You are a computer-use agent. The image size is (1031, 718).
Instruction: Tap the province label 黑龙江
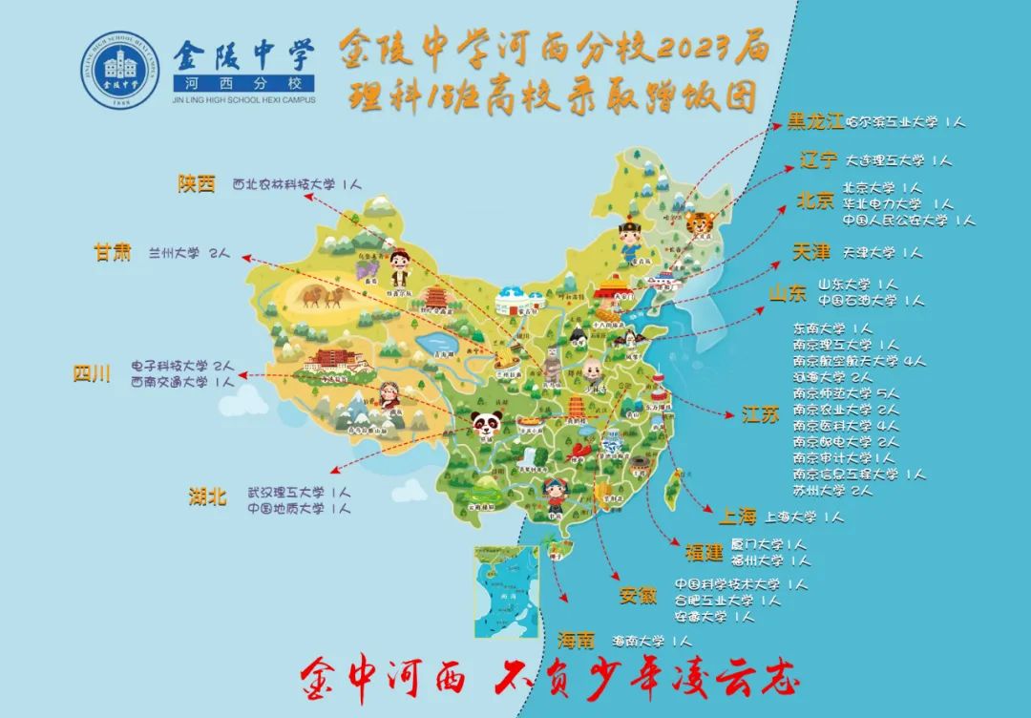[814, 122]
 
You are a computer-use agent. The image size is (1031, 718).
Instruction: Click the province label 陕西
[197, 184]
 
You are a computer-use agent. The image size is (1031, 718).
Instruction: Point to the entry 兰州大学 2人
[189, 254]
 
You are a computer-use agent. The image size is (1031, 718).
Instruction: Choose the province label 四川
[93, 373]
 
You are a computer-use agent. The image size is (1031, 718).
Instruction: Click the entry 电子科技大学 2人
[181, 366]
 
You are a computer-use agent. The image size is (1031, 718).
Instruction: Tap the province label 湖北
[207, 496]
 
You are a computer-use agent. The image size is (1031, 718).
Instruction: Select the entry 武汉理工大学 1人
[299, 493]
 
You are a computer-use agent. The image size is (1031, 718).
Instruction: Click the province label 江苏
[761, 413]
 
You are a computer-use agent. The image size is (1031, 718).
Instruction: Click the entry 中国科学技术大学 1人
[741, 583]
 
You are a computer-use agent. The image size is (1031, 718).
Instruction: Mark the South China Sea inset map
[506, 590]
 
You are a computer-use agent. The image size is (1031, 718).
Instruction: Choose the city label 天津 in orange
[811, 252]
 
